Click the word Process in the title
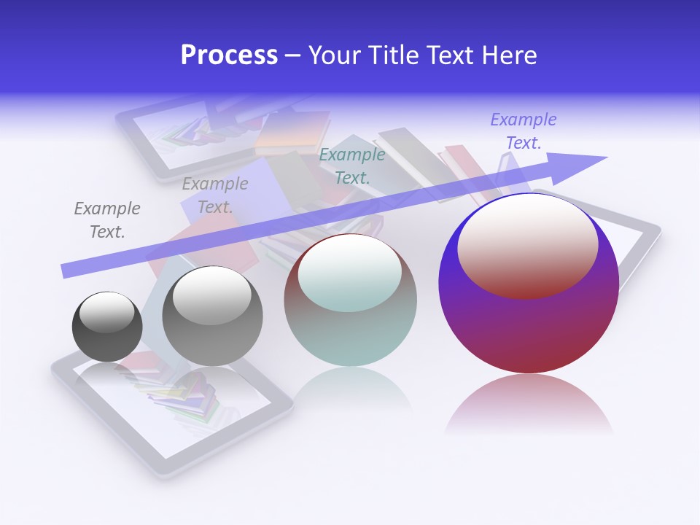point(229,55)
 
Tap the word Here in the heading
point(510,55)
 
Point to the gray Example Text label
point(107,220)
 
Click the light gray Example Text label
point(215,195)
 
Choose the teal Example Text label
point(352,166)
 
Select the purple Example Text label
point(524,131)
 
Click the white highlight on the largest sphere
point(528,244)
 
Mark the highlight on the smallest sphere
point(106,312)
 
